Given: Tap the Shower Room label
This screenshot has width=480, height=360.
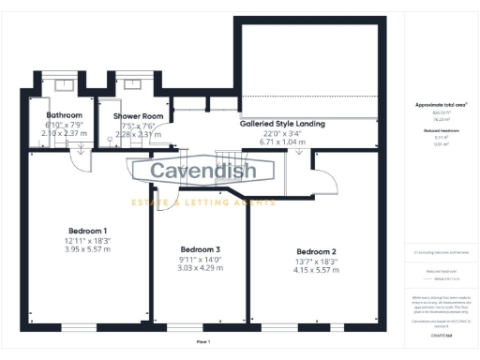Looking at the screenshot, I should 139,116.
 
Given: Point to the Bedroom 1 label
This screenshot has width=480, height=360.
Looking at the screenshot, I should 87,231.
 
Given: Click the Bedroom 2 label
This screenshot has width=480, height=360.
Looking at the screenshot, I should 316,251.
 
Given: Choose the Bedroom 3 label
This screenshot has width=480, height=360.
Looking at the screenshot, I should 200,248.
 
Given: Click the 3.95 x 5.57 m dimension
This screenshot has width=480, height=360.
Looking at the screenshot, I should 87,249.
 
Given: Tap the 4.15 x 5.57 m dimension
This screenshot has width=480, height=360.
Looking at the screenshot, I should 316,270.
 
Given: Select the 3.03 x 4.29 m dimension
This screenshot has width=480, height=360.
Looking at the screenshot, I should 200,268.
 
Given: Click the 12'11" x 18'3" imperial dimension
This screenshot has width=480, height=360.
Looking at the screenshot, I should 87,240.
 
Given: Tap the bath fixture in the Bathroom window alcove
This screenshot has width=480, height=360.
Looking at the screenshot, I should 63,83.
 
